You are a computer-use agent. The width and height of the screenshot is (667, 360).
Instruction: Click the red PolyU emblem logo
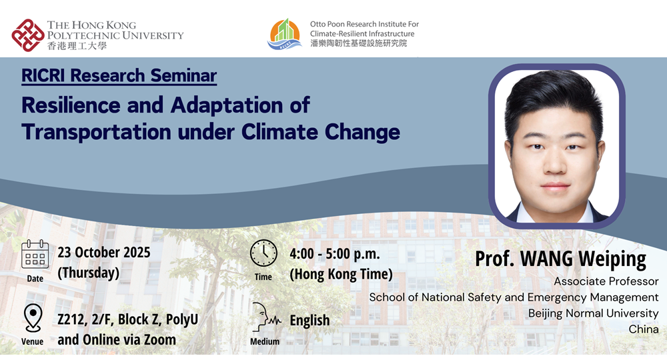coord(28,35)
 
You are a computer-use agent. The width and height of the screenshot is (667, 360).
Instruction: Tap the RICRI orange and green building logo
coord(285,35)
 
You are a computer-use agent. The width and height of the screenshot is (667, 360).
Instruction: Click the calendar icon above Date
coord(35,255)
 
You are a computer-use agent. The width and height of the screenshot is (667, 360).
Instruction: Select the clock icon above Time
coord(263,253)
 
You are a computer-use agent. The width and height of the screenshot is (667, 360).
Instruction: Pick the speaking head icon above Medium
coord(265,317)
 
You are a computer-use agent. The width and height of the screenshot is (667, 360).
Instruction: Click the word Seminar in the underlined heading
coord(183,75)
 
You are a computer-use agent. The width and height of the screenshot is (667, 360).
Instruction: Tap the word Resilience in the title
coord(71,105)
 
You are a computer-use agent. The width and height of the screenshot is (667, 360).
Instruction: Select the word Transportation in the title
coord(97,132)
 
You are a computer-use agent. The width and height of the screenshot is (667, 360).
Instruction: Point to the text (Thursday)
coord(89,273)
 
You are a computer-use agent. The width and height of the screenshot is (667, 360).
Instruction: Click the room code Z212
coord(72,319)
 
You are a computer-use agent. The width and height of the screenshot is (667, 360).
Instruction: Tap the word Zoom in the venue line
coord(160,339)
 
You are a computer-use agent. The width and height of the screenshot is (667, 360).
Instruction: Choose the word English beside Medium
coord(309,321)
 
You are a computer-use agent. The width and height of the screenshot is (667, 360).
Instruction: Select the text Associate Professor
coord(606,281)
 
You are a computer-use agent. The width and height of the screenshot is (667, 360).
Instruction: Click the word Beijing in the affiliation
coord(545,314)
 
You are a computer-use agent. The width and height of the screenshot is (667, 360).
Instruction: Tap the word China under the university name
coord(644,329)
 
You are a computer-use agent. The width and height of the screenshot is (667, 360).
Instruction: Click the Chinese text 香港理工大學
coord(77,46)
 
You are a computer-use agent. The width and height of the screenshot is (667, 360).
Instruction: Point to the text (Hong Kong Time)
coord(341,274)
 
